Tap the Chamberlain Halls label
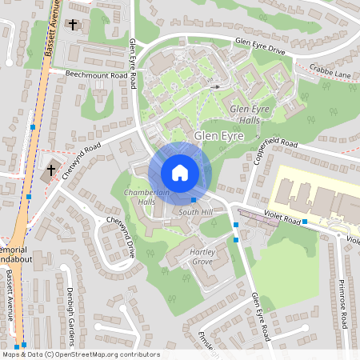(x=139, y=198)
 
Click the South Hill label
(x=196, y=212)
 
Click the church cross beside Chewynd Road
(x=52, y=170)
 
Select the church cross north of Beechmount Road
(x=74, y=26)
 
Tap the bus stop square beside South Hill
(x=194, y=200)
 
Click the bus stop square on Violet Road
(x=305, y=221)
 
